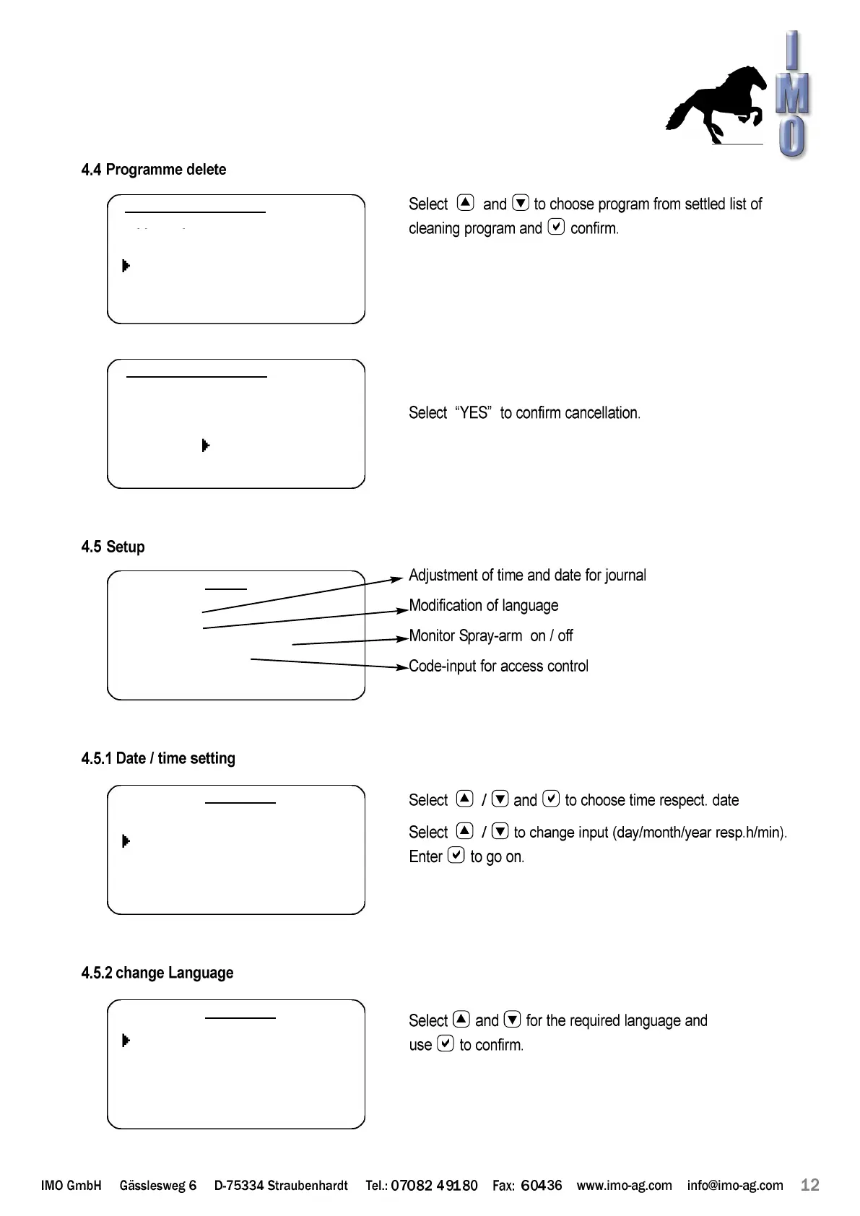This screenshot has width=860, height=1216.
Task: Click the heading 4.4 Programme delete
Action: tap(154, 170)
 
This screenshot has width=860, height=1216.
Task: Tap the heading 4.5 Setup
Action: tap(113, 547)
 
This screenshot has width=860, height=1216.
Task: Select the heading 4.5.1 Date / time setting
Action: tap(158, 758)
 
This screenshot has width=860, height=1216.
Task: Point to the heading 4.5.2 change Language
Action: tap(157, 973)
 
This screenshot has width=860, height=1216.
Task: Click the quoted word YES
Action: tap(474, 413)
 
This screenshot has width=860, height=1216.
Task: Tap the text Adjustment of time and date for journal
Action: tap(527, 576)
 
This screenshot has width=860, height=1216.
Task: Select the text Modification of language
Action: tap(483, 606)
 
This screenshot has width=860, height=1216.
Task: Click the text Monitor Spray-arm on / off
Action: tap(490, 636)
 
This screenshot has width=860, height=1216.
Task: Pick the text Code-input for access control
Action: tap(498, 666)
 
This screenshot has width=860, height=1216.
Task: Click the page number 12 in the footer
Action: tap(810, 1185)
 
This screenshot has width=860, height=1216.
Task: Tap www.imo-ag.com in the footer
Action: tap(624, 1186)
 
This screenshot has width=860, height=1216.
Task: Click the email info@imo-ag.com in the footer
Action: tap(734, 1186)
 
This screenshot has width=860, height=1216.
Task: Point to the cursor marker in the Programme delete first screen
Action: tap(126, 266)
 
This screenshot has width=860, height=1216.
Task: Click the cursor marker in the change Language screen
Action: tap(126, 1041)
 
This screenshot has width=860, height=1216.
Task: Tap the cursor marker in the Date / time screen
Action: tap(126, 841)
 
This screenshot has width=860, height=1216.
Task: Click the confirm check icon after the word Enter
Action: tap(456, 856)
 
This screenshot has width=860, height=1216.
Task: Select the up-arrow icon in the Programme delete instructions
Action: tap(466, 203)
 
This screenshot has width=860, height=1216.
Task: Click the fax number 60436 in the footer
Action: tap(541, 1186)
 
